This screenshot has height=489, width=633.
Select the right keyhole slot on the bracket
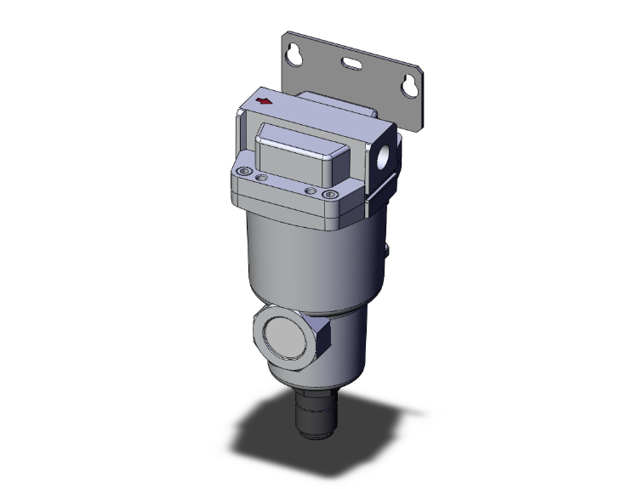[x=410, y=86]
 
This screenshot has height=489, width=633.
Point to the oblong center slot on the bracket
[x=353, y=62]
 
